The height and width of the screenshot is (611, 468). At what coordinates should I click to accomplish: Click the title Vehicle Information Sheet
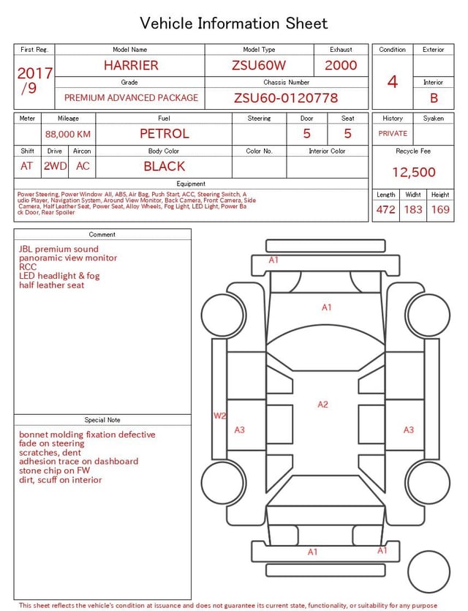tap(234, 23)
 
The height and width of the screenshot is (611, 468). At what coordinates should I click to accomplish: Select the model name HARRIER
tap(130, 65)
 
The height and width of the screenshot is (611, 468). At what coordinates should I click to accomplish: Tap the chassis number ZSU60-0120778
tap(286, 98)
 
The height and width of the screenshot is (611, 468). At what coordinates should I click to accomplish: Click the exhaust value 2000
tap(341, 65)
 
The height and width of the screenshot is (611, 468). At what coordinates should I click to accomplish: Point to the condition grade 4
tap(393, 82)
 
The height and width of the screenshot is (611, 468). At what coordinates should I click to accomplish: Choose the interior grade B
tap(434, 98)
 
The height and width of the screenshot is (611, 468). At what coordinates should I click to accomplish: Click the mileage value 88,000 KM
tap(68, 134)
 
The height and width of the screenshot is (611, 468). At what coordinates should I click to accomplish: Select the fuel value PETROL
tap(165, 134)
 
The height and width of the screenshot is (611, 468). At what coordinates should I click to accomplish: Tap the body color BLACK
tap(164, 166)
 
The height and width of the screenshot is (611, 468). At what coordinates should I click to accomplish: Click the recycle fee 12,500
tap(413, 173)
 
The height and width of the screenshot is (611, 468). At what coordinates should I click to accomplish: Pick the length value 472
tap(385, 210)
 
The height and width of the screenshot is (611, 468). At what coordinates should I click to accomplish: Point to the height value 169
tap(440, 210)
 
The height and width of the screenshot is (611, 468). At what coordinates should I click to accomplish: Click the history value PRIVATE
tap(393, 134)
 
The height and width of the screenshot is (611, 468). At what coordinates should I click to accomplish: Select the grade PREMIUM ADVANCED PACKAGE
tap(131, 98)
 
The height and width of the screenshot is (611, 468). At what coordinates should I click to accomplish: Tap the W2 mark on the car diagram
tap(219, 416)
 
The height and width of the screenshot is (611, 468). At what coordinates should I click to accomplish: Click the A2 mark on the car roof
tap(322, 405)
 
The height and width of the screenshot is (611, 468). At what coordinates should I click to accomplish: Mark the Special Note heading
tap(102, 420)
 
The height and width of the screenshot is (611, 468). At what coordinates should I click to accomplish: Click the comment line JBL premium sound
tap(58, 250)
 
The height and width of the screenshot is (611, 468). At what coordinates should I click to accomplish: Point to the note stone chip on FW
tap(60, 471)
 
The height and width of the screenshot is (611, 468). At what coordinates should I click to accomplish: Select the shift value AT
tap(27, 166)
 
